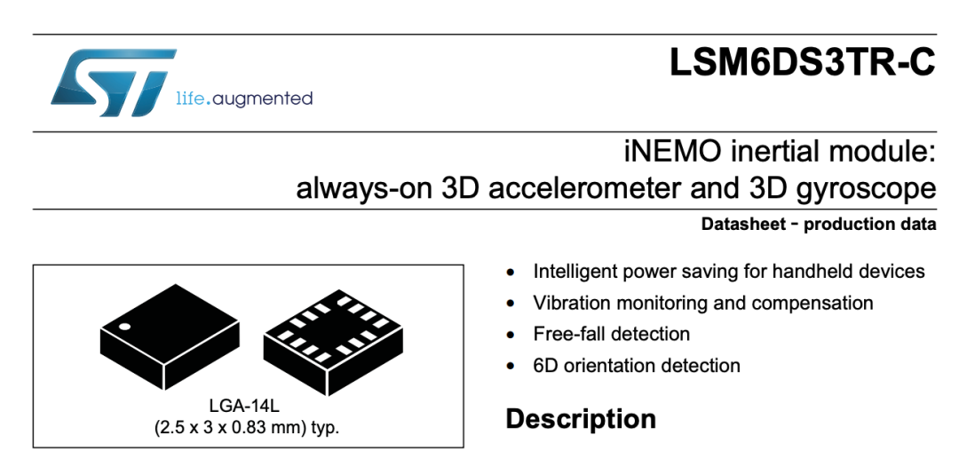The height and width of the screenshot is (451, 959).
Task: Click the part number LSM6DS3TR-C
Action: tap(803, 63)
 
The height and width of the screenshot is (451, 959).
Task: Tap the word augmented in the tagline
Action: tap(264, 98)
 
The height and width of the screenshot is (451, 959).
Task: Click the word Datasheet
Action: tap(742, 224)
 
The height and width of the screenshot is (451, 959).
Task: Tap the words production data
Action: tap(869, 224)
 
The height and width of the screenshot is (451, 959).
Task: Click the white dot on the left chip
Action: tap(125, 328)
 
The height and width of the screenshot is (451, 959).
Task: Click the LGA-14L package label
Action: tap(244, 407)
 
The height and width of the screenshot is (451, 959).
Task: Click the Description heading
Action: tap(581, 418)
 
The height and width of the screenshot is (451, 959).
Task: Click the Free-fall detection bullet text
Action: tap(611, 334)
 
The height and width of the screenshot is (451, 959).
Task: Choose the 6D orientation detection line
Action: tap(636, 365)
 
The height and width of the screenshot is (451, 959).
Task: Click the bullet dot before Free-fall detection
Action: tap(510, 335)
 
